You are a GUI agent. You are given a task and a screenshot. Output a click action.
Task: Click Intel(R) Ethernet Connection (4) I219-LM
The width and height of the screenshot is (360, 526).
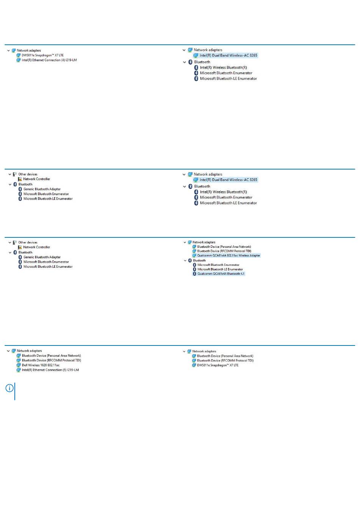click(49, 60)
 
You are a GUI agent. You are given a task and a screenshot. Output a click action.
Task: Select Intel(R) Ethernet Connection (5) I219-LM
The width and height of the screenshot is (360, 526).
click(50, 370)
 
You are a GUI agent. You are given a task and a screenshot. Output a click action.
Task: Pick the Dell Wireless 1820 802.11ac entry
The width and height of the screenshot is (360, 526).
click(41, 365)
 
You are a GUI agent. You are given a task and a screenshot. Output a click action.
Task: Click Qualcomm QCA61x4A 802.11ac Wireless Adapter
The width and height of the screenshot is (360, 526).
click(229, 256)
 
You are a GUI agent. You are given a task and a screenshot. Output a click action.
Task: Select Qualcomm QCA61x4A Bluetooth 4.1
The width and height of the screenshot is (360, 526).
click(221, 273)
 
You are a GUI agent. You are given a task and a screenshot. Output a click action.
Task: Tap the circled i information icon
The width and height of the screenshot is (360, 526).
click(9, 388)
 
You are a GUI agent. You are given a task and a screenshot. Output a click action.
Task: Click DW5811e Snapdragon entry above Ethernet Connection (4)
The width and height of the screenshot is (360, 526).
click(42, 55)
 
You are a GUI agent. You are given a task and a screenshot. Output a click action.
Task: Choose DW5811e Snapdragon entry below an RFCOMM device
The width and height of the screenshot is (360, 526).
click(218, 365)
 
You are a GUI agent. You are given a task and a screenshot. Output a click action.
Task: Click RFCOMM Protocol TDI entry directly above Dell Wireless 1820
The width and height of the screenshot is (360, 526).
click(52, 360)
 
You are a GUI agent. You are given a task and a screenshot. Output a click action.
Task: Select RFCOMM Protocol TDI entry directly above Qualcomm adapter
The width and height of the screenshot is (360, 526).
click(224, 251)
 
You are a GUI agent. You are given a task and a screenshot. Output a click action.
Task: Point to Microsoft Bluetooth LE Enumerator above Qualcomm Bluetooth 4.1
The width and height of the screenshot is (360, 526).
click(220, 269)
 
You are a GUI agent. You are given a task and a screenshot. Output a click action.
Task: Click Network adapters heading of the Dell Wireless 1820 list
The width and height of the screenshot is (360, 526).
click(29, 351)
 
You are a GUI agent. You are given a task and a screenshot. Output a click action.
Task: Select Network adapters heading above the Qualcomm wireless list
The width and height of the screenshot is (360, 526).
click(204, 242)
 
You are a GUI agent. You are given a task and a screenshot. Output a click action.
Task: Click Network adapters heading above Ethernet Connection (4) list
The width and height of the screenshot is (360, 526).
click(29, 50)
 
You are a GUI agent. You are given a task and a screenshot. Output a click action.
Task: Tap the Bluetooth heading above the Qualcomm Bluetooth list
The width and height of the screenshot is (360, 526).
click(199, 261)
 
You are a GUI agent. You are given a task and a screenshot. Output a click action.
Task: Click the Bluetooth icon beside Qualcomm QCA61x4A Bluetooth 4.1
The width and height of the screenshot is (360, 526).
click(194, 274)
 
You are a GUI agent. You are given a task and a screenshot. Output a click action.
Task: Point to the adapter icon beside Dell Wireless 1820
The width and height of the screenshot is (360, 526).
click(19, 365)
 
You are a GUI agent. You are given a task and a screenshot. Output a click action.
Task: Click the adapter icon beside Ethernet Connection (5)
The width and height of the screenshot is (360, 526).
click(19, 370)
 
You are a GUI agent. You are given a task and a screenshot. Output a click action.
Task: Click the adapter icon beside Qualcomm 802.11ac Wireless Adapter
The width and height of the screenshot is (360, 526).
click(194, 256)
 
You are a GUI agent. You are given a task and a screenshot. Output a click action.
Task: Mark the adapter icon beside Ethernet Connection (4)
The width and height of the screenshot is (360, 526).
click(18, 60)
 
